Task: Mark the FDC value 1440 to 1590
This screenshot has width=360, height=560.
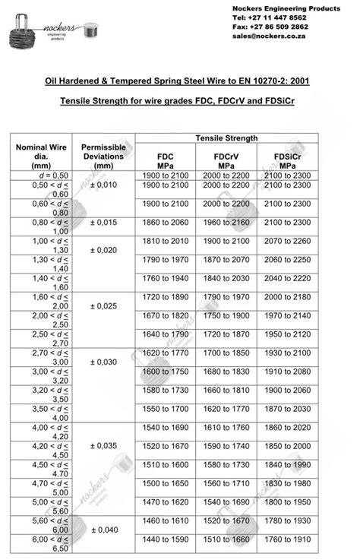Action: [165, 539]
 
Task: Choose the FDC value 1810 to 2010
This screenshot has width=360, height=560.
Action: [165, 241]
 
